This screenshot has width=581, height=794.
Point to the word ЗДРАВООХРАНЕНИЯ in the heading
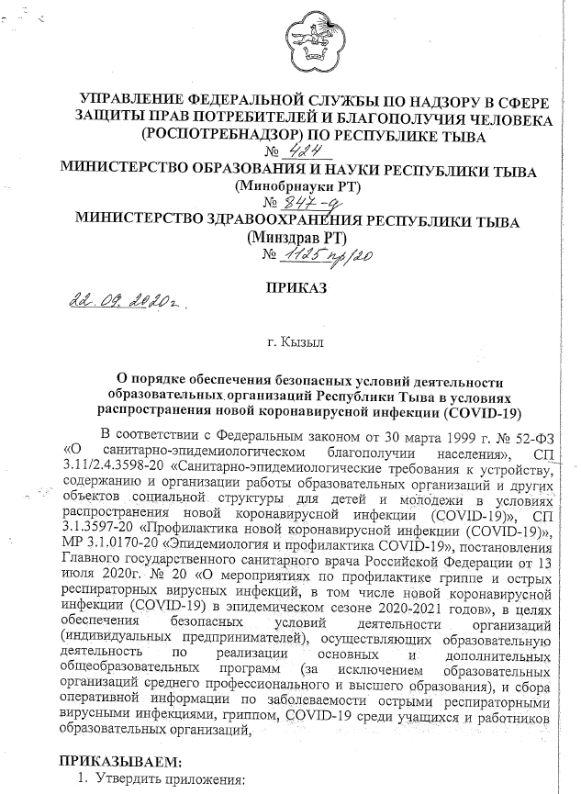[315, 221]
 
